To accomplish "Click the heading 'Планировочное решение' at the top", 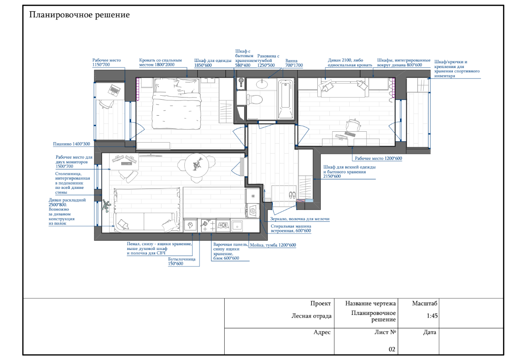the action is click(x=80, y=15).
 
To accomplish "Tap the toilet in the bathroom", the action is click(x=255, y=99).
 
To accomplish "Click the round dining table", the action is click(x=197, y=165).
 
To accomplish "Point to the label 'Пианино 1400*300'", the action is click(x=71, y=144).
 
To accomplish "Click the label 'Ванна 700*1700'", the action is click(x=294, y=63).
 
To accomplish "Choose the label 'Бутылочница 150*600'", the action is click(x=182, y=262).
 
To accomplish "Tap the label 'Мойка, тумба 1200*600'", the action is click(x=273, y=245).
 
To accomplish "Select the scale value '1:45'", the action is click(x=432, y=316).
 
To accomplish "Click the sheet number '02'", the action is click(x=392, y=349).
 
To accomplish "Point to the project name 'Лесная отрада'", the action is click(x=311, y=316).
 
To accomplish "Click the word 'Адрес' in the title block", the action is click(x=322, y=332).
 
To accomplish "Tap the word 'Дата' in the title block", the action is click(x=430, y=332).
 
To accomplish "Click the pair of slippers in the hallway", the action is click(x=293, y=195).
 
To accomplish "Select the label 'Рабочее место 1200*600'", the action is click(x=378, y=159).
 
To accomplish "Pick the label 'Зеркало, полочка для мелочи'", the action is click(x=300, y=219).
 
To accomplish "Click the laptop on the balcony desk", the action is click(x=114, y=89).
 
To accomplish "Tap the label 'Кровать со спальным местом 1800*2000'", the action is click(x=161, y=62).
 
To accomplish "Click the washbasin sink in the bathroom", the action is click(x=261, y=84).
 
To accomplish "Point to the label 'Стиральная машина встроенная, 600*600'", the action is click(x=291, y=228).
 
